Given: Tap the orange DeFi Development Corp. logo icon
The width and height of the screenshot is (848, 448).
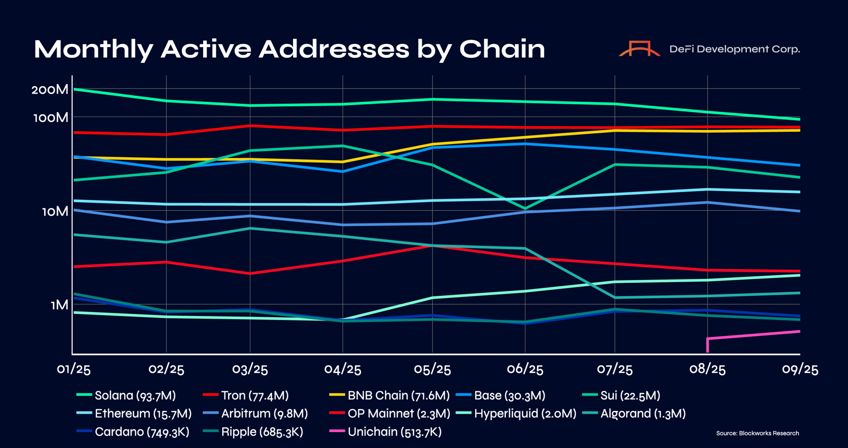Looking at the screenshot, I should [x=640, y=49].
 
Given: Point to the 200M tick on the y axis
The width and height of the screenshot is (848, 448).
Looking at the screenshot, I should [x=50, y=89].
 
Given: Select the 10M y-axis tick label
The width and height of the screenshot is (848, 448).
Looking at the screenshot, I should [x=55, y=211].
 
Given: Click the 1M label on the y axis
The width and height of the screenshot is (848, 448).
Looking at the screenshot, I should [x=60, y=305].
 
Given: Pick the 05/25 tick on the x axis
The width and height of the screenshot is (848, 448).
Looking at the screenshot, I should [x=432, y=369].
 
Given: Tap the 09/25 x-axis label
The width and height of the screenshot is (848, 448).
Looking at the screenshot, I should [x=800, y=369].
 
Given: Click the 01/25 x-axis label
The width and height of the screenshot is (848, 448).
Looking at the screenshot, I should [x=74, y=369].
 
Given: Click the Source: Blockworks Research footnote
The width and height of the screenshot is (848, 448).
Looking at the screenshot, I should [x=757, y=433].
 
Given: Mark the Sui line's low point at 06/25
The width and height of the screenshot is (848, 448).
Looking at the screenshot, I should [x=525, y=208].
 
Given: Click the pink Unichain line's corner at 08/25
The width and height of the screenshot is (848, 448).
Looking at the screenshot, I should [x=708, y=339].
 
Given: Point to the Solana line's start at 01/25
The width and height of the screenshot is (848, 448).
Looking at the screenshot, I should [x=74, y=89].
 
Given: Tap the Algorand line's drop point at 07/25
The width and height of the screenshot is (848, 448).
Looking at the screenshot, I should [x=615, y=297].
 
